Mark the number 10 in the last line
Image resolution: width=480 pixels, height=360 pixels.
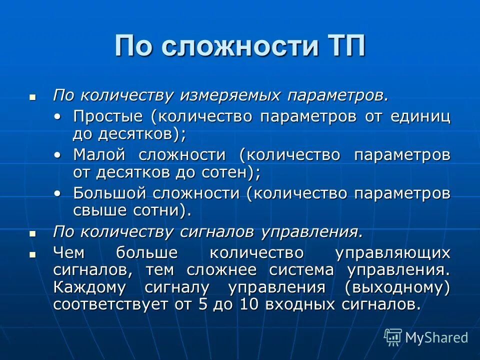pyautogui.click(x=248, y=304)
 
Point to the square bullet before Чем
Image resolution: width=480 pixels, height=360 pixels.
pyautogui.click(x=33, y=253)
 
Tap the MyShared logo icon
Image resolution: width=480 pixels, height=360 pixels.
pyautogui.click(x=392, y=337)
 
